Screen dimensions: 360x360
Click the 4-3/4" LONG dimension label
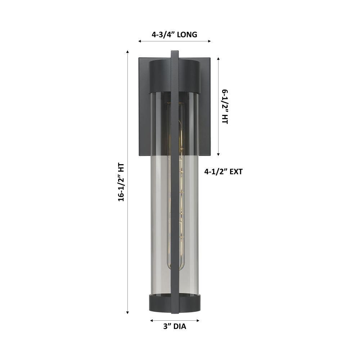[x=174, y=35]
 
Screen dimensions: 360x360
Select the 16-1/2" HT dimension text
[x=121, y=182]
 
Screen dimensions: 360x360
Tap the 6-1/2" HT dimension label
[x=225, y=107]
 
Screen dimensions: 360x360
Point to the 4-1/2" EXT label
[x=223, y=171]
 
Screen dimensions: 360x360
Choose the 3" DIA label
[x=175, y=326]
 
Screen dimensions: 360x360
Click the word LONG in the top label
[x=187, y=35]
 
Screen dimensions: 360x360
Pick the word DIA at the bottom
[x=180, y=326]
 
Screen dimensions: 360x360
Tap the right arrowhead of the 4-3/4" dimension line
[x=210, y=41]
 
